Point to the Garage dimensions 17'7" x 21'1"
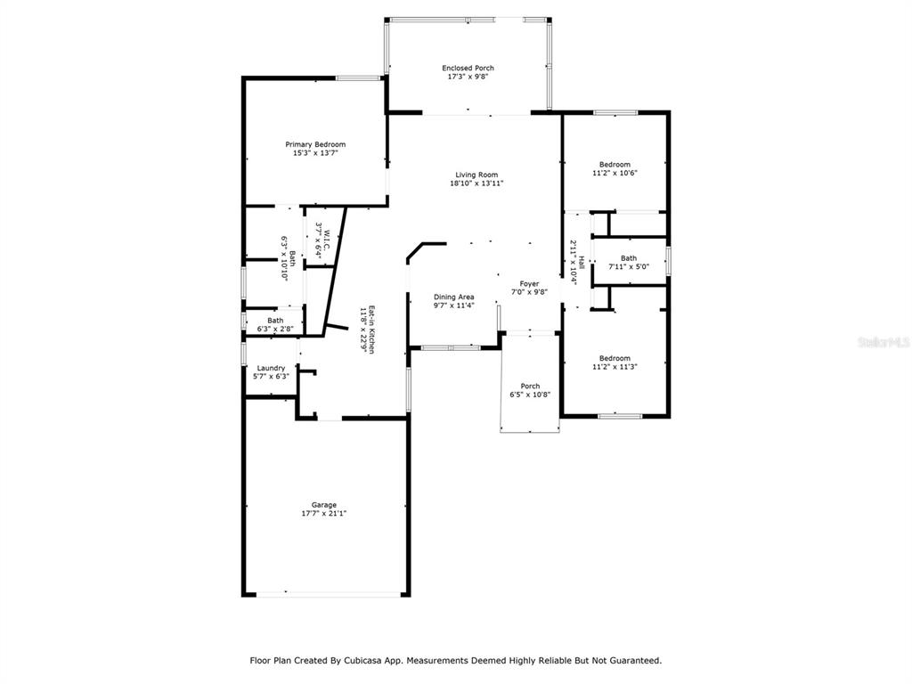pos(324,514)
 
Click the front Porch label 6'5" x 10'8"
pos(530,390)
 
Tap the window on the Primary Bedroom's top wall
pos(358,78)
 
